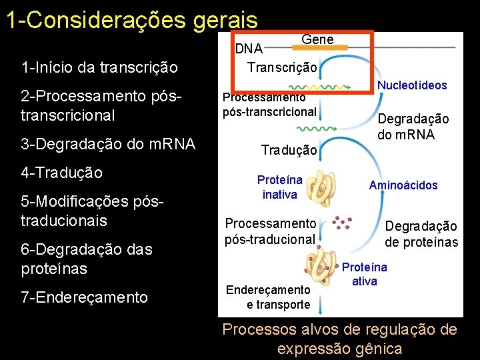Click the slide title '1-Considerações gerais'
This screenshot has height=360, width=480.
tap(131, 20)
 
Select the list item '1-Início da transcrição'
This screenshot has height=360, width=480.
tap(99, 67)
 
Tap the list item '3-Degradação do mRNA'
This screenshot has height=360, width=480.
tap(108, 144)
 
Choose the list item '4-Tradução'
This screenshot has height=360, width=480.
tap(62, 173)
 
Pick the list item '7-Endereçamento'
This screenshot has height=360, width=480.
tap(84, 297)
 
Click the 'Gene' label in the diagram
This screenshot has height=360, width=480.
tap(317, 39)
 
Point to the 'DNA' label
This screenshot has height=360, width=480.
tap(249, 49)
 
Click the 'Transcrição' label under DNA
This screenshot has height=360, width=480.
tap(282, 67)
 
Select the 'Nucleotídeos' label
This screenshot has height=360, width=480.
tap(412, 85)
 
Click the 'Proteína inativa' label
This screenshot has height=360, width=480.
tap(280, 187)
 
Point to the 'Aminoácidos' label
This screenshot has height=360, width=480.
tap(403, 185)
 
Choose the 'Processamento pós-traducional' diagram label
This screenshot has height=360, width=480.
tap(270, 231)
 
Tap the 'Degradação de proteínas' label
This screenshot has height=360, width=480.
tap(421, 234)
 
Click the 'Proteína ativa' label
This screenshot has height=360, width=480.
tap(365, 274)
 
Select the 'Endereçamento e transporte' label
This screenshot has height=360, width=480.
tap(268, 297)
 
